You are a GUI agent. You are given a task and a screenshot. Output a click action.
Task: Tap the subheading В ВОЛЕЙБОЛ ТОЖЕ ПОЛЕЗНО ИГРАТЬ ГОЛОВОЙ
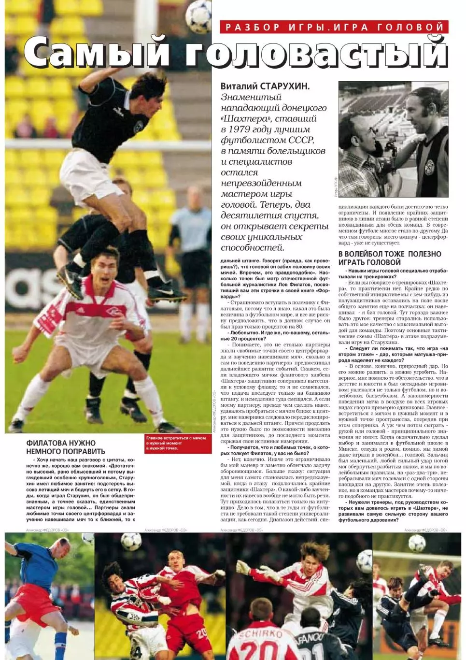pos(390,258)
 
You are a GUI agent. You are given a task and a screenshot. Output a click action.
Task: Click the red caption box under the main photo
pos(178,443)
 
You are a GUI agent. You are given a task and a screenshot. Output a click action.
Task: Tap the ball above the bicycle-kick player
pos(417,543)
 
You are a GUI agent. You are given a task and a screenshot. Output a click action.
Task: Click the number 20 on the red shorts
pos(202,633)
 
